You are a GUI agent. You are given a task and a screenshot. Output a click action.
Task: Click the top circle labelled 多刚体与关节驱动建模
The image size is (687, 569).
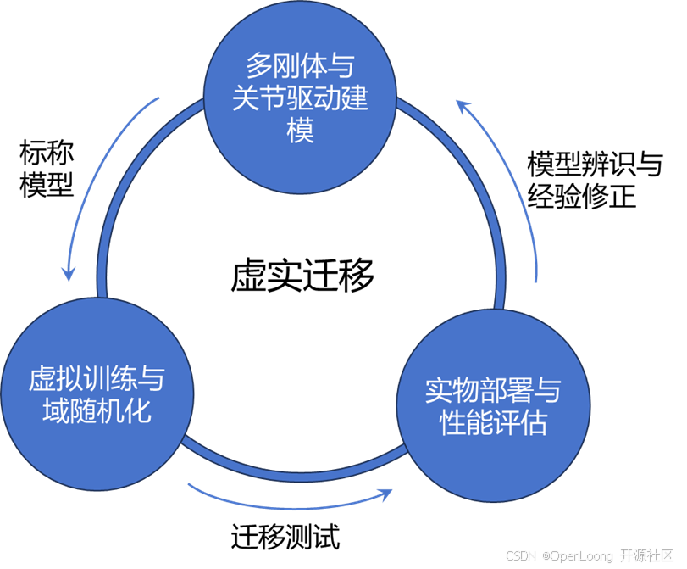(x=301, y=98)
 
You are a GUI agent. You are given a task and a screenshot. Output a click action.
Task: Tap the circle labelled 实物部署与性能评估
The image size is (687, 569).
(x=493, y=405)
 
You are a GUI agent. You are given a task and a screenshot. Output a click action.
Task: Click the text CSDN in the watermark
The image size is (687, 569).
(x=520, y=555)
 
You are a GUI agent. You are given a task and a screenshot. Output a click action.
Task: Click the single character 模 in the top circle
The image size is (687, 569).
(x=301, y=131)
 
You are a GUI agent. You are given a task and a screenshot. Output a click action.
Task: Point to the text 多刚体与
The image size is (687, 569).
(x=301, y=65)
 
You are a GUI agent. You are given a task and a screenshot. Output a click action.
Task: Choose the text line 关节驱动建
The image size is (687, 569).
(x=301, y=98)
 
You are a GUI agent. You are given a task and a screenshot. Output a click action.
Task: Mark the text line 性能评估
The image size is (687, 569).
(x=493, y=422)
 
